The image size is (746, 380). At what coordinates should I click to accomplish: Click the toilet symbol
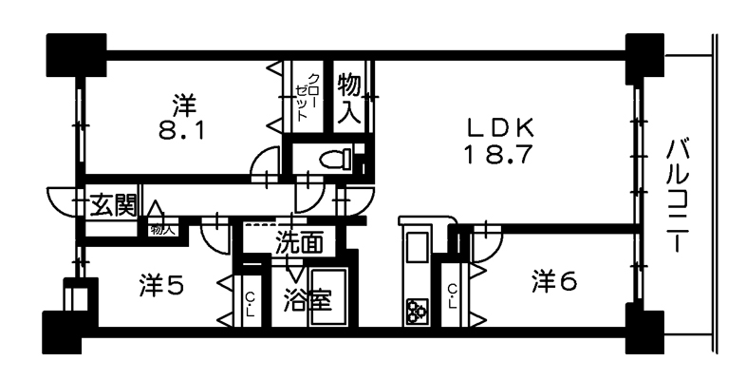pyautogui.click(x=337, y=159)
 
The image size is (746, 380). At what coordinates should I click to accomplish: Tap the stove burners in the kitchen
pyautogui.click(x=418, y=312)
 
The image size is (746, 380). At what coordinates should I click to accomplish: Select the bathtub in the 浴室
pyautogui.click(x=328, y=296)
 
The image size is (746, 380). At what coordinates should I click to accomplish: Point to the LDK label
pyautogui.click(x=500, y=127)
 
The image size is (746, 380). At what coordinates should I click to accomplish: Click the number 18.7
pyautogui.click(x=496, y=154)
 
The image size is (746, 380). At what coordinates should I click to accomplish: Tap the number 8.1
pyautogui.click(x=181, y=130)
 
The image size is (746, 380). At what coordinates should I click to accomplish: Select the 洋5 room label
pyautogui.click(x=161, y=285)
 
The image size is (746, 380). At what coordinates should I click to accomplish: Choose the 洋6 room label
pyautogui.click(x=554, y=281)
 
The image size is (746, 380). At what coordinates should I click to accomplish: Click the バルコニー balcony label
pyautogui.click(x=678, y=196)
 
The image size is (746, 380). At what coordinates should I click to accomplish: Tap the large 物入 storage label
pyautogui.click(x=349, y=99)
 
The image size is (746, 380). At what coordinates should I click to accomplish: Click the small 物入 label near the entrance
pyautogui.click(x=162, y=230)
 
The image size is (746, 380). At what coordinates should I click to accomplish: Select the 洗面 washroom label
pyautogui.click(x=299, y=242)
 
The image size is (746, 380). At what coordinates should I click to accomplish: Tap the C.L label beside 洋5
pyautogui.click(x=250, y=305)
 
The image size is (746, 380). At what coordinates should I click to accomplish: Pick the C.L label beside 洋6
pyautogui.click(x=453, y=295)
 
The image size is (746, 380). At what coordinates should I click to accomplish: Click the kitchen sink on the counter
pyautogui.click(x=418, y=247)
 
